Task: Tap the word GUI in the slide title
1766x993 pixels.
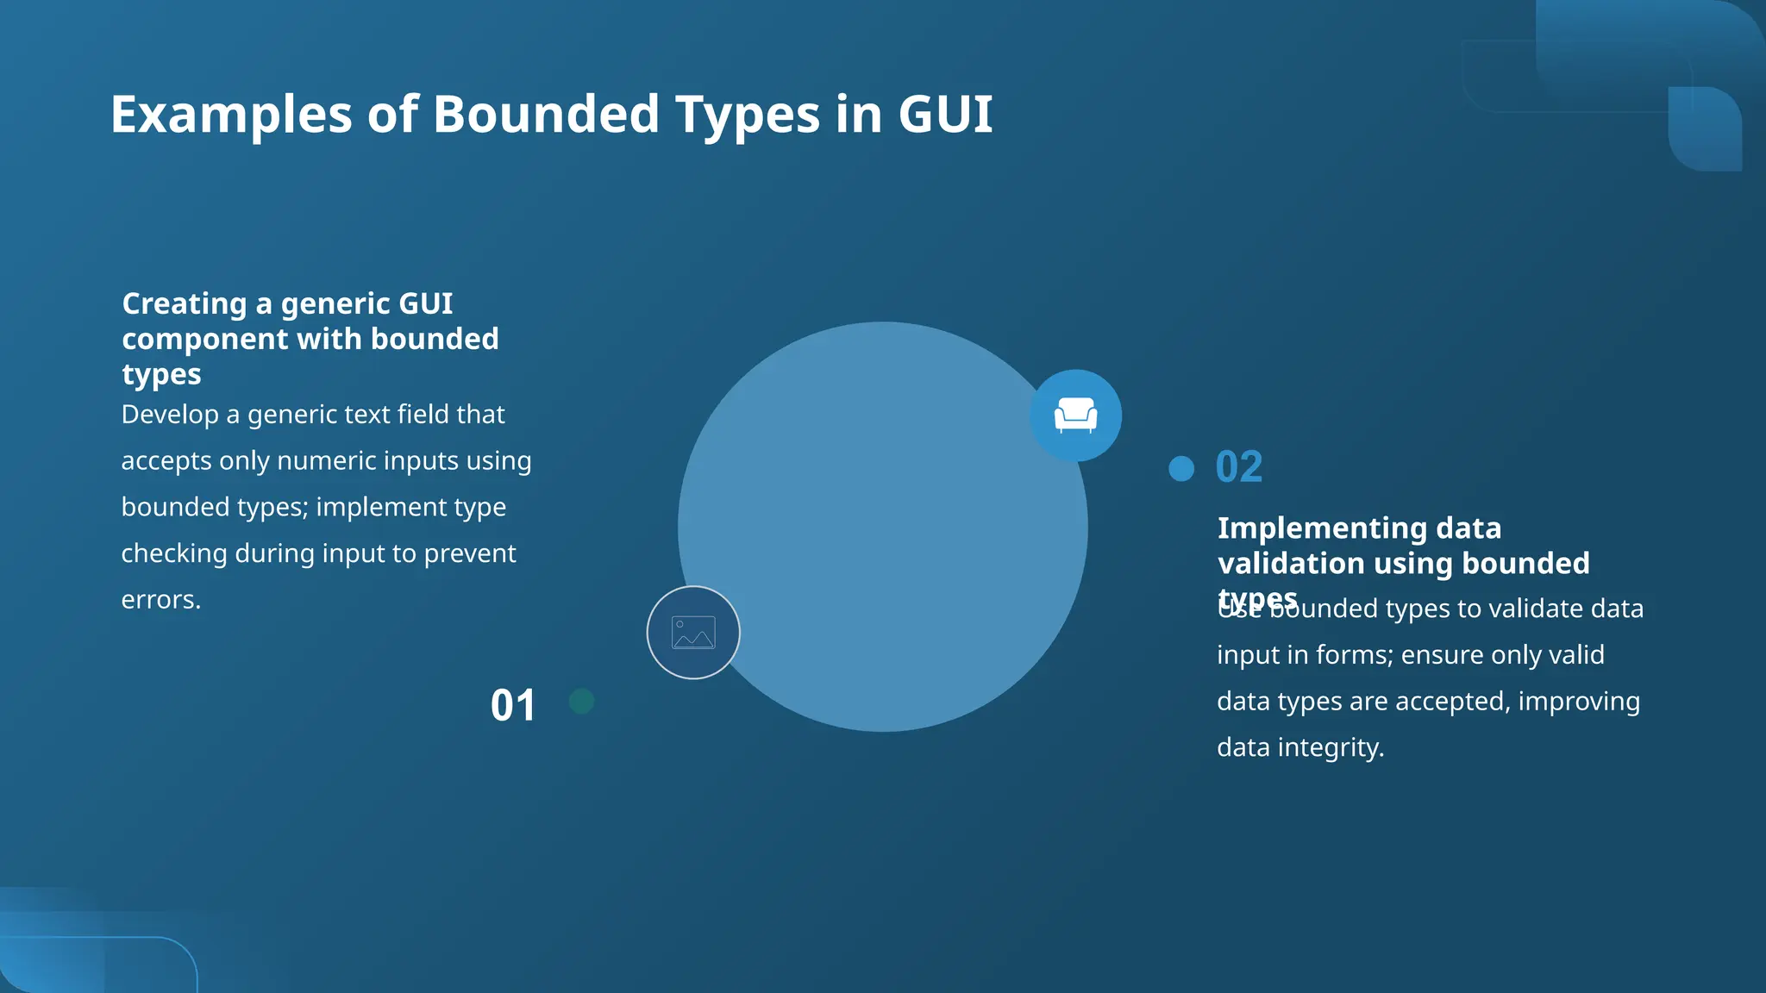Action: pyautogui.click(x=945, y=114)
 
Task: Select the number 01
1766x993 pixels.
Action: pyautogui.click(x=513, y=705)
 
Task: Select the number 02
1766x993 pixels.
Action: pyautogui.click(x=1239, y=467)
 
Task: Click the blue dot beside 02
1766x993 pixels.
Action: pyautogui.click(x=1181, y=468)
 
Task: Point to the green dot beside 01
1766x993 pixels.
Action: pyautogui.click(x=582, y=702)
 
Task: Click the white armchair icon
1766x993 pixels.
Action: pyautogui.click(x=1075, y=415)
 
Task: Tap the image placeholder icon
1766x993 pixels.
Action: pyautogui.click(x=693, y=633)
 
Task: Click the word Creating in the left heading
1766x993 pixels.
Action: pyautogui.click(x=185, y=303)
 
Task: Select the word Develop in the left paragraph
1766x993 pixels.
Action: pyautogui.click(x=170, y=415)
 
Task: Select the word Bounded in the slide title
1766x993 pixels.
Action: pyautogui.click(x=546, y=114)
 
